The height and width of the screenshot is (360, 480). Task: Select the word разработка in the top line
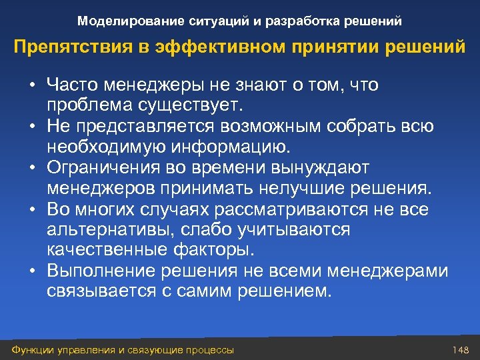click(x=296, y=21)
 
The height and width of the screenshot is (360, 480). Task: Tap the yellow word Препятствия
click(x=67, y=49)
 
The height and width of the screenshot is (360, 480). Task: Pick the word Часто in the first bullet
click(x=69, y=86)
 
